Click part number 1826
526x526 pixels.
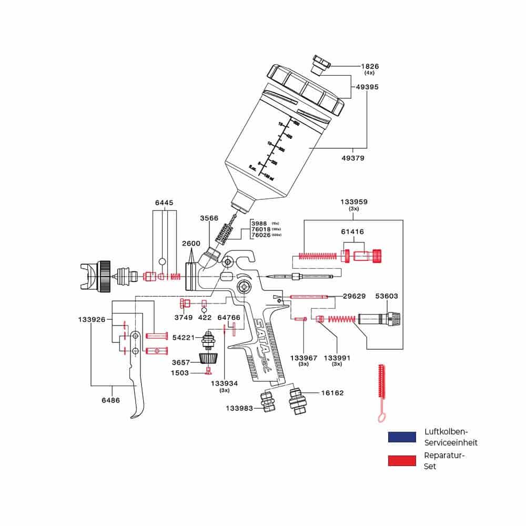click(370, 66)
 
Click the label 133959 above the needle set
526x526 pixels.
click(354, 201)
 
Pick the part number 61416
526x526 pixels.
click(352, 231)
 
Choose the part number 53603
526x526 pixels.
click(387, 296)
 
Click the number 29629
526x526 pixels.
click(354, 296)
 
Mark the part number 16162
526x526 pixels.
click(332, 392)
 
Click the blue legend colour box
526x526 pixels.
click(402, 437)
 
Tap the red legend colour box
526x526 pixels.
click(402, 461)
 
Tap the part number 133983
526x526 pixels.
click(240, 408)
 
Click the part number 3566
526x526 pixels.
click(209, 218)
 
